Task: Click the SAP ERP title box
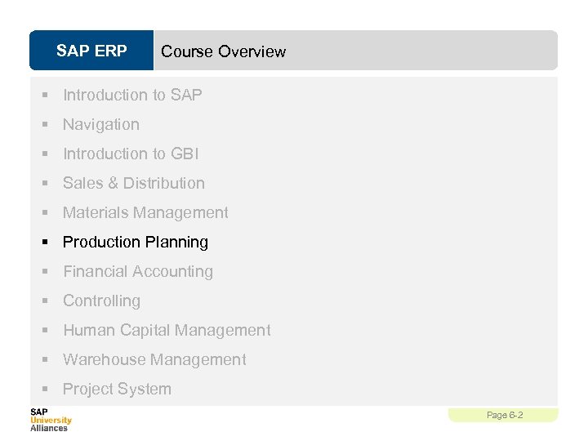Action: (x=91, y=51)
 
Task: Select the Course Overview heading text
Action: (x=223, y=51)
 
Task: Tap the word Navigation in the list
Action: (x=101, y=124)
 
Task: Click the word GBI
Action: (x=185, y=154)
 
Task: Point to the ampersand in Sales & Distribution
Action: (x=113, y=183)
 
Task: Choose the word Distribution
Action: (x=164, y=183)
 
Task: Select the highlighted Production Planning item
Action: (x=136, y=242)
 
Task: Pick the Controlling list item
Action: (x=101, y=301)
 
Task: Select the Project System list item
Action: (x=117, y=389)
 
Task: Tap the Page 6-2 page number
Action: (x=504, y=415)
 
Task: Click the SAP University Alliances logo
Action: (x=51, y=420)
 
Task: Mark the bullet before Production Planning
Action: (x=48, y=242)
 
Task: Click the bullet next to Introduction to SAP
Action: (x=48, y=95)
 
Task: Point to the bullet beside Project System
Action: (x=48, y=389)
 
